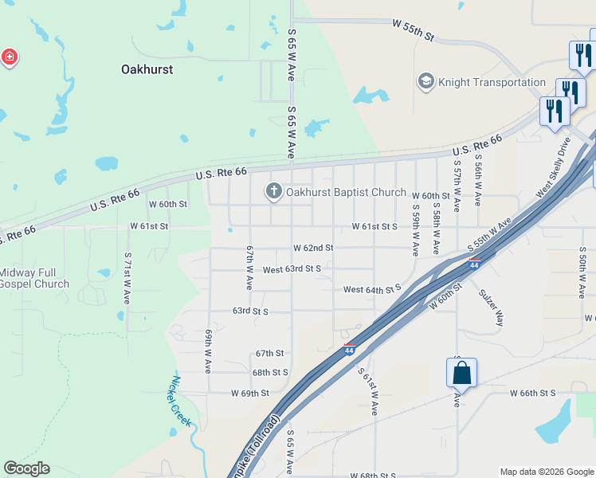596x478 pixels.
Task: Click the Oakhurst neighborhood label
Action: pos(147,69)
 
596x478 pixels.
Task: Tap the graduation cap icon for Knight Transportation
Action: pos(425,82)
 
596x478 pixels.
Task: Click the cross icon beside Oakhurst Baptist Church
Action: pos(273,192)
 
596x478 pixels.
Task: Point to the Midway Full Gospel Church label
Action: pos(34,278)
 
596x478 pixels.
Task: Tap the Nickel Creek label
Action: pos(182,401)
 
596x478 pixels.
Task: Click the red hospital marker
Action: pos(9,58)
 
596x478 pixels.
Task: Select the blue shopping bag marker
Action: pos(462,373)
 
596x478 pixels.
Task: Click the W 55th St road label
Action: pos(413,31)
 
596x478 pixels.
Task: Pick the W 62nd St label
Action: pos(312,248)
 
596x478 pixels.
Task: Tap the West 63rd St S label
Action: pos(292,269)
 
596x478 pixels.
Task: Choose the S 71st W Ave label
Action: pos(127,279)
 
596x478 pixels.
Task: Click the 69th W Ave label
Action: pos(208,351)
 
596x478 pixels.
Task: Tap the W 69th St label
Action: pos(250,393)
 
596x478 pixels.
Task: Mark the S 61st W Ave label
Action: pos(367,391)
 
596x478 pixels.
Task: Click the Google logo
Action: pos(26,468)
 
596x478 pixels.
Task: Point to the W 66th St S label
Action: pos(532,393)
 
